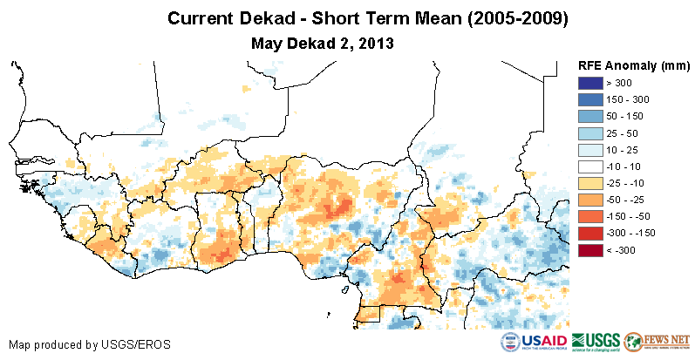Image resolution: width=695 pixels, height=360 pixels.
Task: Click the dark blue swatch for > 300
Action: click(x=590, y=83)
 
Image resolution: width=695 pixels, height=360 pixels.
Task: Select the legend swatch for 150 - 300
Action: click(x=590, y=99)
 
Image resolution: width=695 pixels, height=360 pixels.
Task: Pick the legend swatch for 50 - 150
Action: click(x=590, y=116)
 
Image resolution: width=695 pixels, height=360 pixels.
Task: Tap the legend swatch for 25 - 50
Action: click(x=590, y=132)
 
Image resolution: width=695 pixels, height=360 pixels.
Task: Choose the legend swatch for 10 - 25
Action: click(x=590, y=150)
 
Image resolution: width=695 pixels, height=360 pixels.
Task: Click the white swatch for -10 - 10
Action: click(x=590, y=166)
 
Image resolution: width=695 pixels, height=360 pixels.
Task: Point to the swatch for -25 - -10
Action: click(x=590, y=183)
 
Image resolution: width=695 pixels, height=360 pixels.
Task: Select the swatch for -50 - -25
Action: click(x=590, y=200)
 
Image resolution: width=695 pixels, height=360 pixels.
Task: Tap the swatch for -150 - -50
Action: click(x=590, y=216)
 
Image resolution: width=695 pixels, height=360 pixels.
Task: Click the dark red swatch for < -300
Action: click(x=590, y=250)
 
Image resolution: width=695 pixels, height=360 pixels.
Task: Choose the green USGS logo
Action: click(x=596, y=341)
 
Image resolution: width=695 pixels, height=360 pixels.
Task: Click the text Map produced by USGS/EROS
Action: click(x=89, y=344)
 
